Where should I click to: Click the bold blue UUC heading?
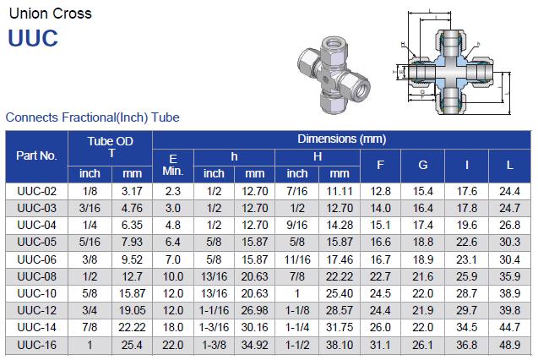click(33, 38)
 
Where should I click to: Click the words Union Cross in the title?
click(51, 14)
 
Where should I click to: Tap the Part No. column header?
click(36, 155)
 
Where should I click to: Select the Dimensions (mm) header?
click(342, 139)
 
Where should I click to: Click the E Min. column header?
click(173, 165)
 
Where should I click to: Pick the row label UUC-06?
click(36, 259)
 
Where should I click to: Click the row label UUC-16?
click(36, 345)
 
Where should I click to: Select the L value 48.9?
click(509, 345)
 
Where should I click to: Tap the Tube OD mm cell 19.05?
click(132, 311)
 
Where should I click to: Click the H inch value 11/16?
click(297, 259)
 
